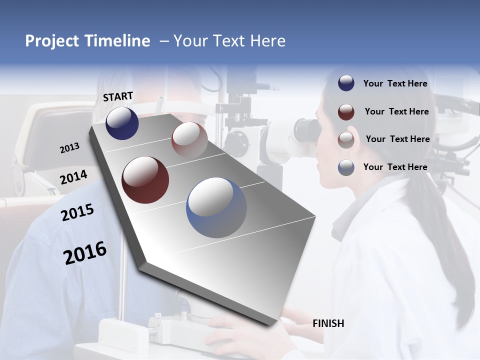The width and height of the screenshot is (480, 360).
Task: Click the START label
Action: tap(118, 96)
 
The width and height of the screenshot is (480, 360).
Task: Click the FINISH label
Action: tap(328, 323)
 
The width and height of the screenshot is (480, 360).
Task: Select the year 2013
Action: tap(69, 148)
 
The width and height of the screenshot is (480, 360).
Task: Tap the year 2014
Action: tap(73, 177)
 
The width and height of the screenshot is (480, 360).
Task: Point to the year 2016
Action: tap(85, 253)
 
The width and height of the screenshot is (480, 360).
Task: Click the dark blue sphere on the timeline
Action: tap(122, 123)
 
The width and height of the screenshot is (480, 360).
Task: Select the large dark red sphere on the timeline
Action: tap(145, 180)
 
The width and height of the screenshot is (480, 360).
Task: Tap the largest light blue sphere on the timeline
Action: tap(216, 207)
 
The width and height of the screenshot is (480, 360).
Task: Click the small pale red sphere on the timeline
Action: tap(189, 139)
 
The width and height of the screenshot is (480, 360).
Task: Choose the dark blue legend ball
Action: tap(346, 83)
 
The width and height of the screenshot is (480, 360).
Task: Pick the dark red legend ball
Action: tap(346, 111)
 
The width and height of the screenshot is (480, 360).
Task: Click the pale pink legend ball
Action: tap(346, 139)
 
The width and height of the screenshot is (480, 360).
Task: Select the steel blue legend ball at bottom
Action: tap(346, 167)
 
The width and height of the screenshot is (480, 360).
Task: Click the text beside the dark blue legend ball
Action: tap(395, 83)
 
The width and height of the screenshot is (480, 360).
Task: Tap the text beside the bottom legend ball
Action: tap(395, 167)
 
